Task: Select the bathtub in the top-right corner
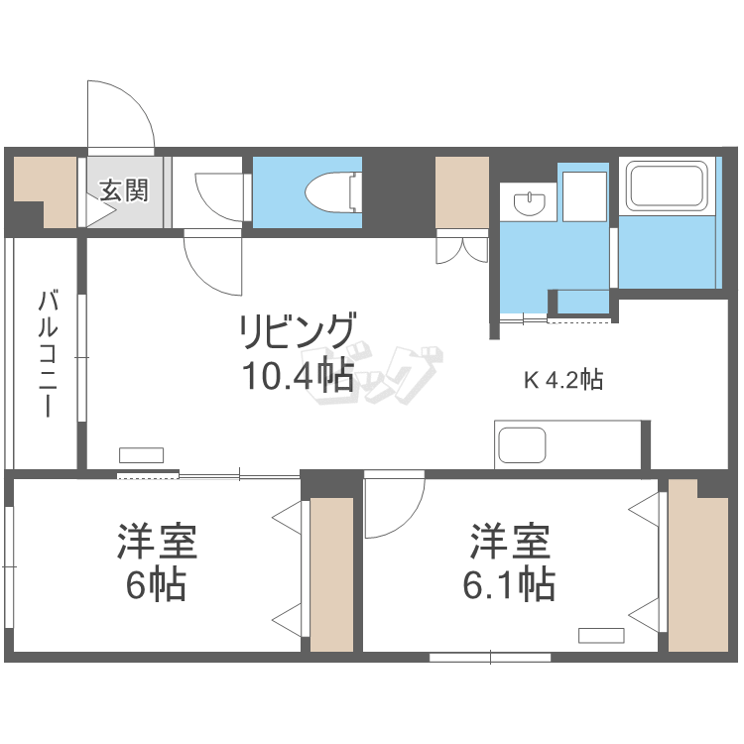coord(667,186)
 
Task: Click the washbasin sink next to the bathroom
coord(530,203)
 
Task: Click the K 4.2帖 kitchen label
coord(562,379)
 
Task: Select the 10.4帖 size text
coord(297,375)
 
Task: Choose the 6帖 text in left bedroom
coord(156,585)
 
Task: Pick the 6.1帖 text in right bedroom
coord(508,585)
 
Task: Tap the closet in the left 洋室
coord(331,574)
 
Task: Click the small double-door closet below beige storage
coord(460,249)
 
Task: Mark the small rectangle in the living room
coord(141,455)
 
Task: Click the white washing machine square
coord(584,195)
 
